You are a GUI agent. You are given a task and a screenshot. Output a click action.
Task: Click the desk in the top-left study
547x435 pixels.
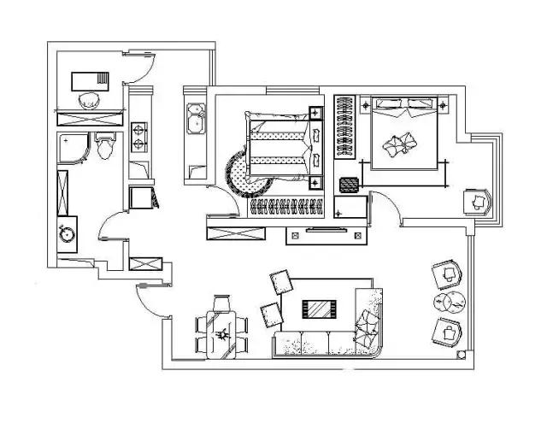click(90, 79)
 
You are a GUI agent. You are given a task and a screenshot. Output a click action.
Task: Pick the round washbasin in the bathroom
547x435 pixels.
click(65, 232)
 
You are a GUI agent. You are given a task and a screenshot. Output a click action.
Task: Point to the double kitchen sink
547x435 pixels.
click(195, 117)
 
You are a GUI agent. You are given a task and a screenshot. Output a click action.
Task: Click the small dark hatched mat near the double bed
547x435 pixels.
click(348, 184)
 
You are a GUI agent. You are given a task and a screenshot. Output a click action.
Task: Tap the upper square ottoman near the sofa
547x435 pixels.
click(280, 282)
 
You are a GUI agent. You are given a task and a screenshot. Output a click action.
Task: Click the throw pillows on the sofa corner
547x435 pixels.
click(369, 324)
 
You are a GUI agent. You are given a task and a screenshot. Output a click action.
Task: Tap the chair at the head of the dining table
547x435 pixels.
click(224, 302)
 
